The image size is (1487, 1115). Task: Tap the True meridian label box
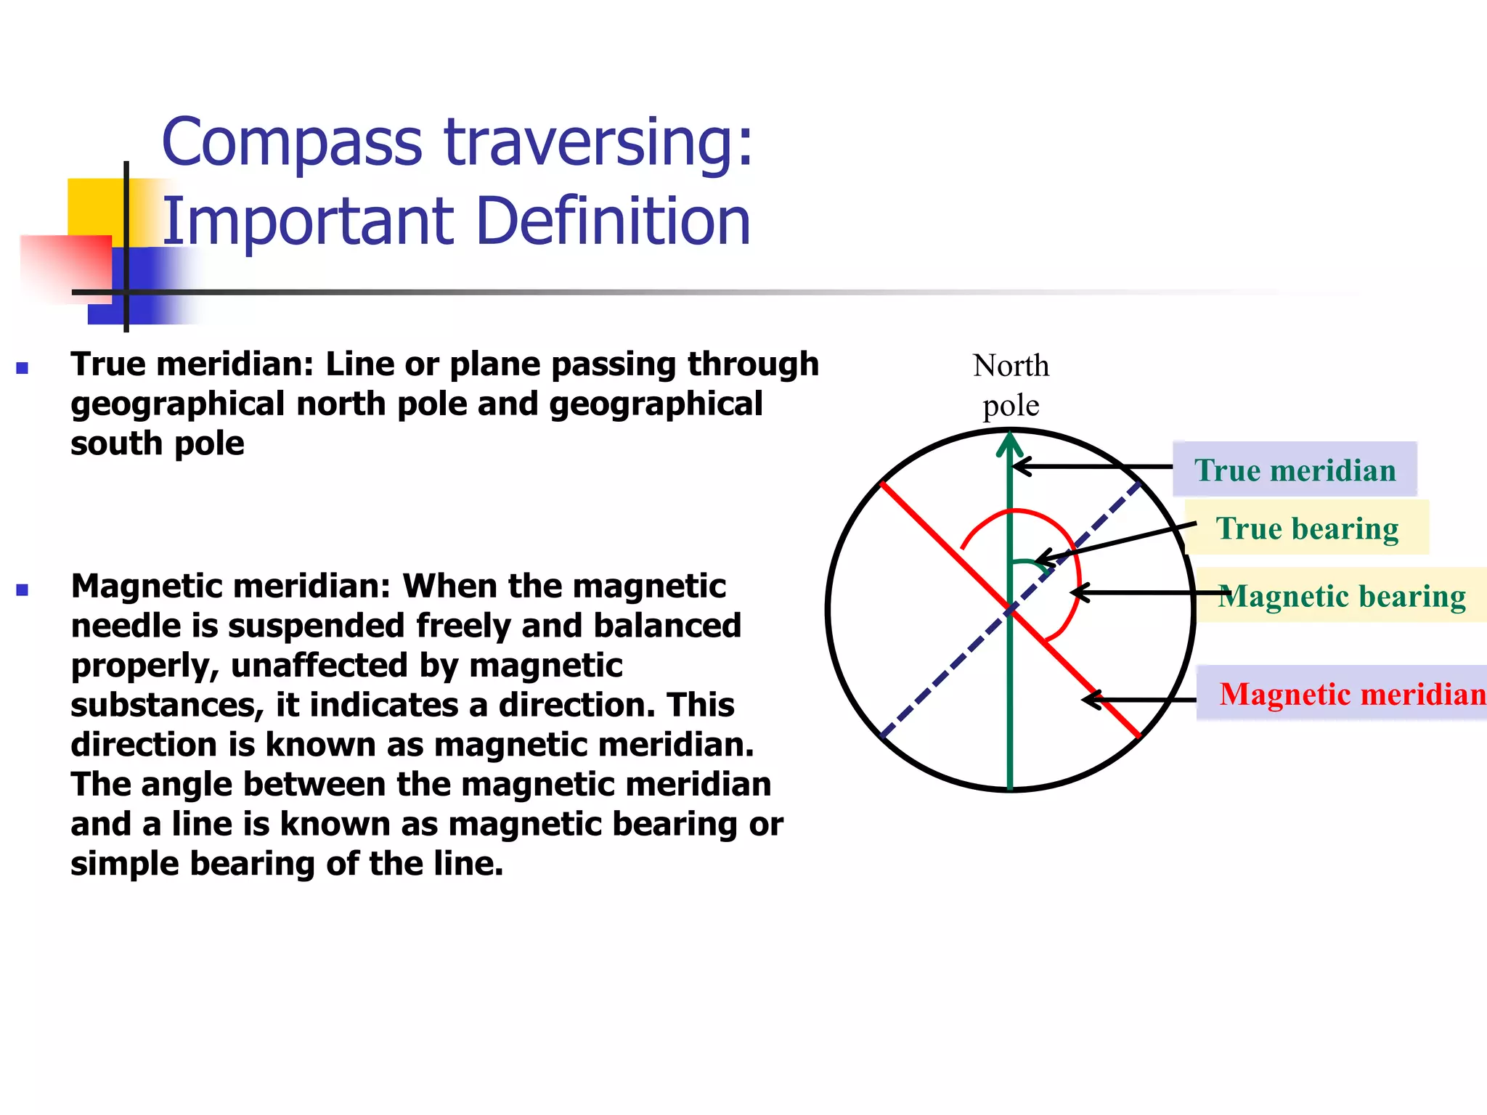pyautogui.click(x=1295, y=470)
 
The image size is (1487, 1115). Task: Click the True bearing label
pyautogui.click(x=1307, y=528)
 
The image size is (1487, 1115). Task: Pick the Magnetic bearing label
pyautogui.click(x=1342, y=596)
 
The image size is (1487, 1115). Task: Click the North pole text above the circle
pyautogui.click(x=1011, y=385)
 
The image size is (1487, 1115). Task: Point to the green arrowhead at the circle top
pyautogui.click(x=1010, y=444)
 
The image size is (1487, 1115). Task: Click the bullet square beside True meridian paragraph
pyautogui.click(x=22, y=368)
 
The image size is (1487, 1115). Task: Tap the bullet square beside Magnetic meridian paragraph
pyautogui.click(x=22, y=589)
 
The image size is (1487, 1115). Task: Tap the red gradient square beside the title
pyautogui.click(x=65, y=265)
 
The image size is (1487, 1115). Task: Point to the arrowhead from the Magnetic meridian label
pyautogui.click(x=1089, y=700)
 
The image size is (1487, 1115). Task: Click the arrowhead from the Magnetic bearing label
pyautogui.click(x=1078, y=592)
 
